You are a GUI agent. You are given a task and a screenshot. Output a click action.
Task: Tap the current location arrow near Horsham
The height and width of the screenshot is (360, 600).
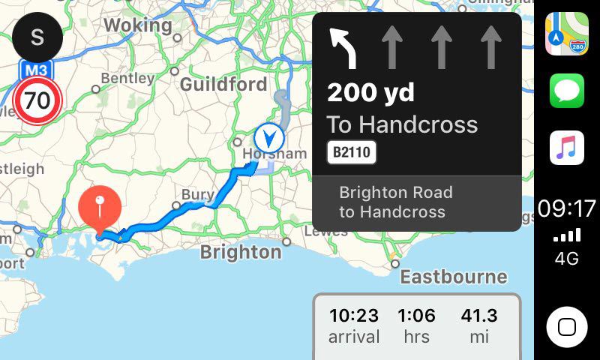click(x=268, y=137)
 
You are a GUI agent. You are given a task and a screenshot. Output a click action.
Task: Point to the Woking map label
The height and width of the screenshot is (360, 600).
click(x=137, y=25)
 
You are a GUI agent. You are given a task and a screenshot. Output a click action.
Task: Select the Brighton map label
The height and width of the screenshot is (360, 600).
click(x=241, y=252)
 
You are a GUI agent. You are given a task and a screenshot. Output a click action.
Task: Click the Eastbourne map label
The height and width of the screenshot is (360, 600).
click(x=453, y=277)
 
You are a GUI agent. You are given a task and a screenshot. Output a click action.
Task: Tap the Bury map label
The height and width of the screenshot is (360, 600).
click(x=198, y=195)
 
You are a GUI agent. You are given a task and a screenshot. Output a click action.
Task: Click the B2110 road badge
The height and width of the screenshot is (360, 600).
click(x=352, y=153)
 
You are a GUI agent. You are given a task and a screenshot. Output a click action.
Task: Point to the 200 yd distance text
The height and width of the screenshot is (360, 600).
click(x=370, y=94)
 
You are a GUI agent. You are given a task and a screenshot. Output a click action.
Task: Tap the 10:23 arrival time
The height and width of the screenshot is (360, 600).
click(x=353, y=316)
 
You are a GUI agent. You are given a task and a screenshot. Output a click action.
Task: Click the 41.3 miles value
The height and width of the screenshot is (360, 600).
click(x=479, y=316)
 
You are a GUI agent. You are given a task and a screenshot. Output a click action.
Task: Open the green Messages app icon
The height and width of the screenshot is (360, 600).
click(x=567, y=91)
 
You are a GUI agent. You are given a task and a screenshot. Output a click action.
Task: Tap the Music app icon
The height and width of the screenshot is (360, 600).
click(x=567, y=148)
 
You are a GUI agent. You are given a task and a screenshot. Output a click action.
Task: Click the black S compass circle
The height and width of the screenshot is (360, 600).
click(x=37, y=37)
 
